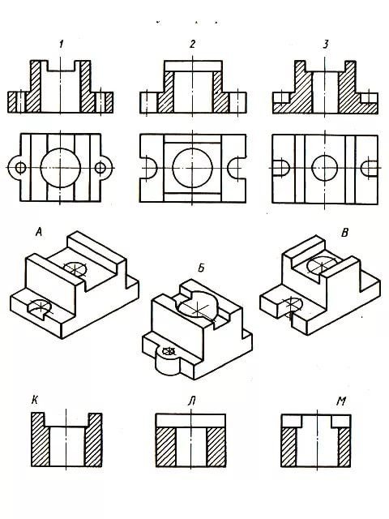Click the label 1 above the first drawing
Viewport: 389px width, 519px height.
62,44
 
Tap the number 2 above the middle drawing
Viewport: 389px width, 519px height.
193,44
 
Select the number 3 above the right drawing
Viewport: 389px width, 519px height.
326,44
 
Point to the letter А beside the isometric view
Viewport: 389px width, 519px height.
39,233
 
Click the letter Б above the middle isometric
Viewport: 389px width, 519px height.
201,268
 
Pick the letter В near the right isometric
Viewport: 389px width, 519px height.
344,233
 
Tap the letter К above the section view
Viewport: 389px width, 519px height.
34,401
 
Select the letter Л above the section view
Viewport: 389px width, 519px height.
191,401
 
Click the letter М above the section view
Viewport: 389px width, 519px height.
340,401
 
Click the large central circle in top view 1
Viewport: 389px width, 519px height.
60,148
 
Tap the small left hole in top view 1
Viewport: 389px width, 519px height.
20,168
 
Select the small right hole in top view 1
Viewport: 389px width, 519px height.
100,168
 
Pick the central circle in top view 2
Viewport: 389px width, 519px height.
193,148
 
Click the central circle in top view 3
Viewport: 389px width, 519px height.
324,155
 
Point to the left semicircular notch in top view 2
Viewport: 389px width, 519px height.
156,168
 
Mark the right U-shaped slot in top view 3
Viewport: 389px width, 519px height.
361,168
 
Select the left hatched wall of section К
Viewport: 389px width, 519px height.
40,440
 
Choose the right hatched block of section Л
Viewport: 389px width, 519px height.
216,447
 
